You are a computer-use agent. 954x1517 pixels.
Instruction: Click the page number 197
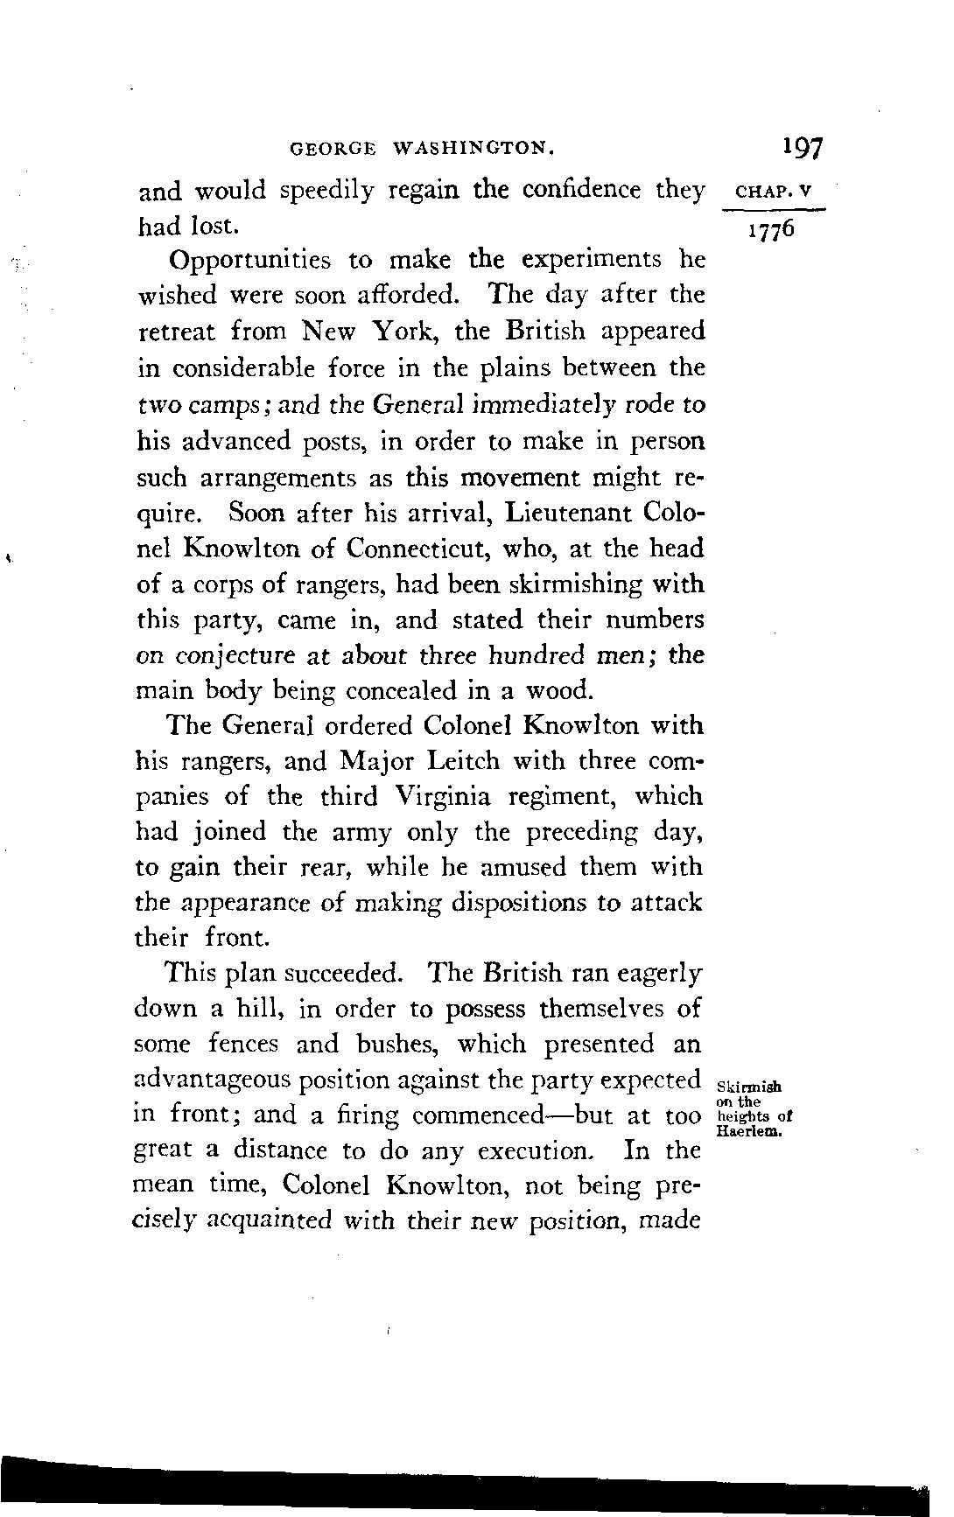click(803, 147)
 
